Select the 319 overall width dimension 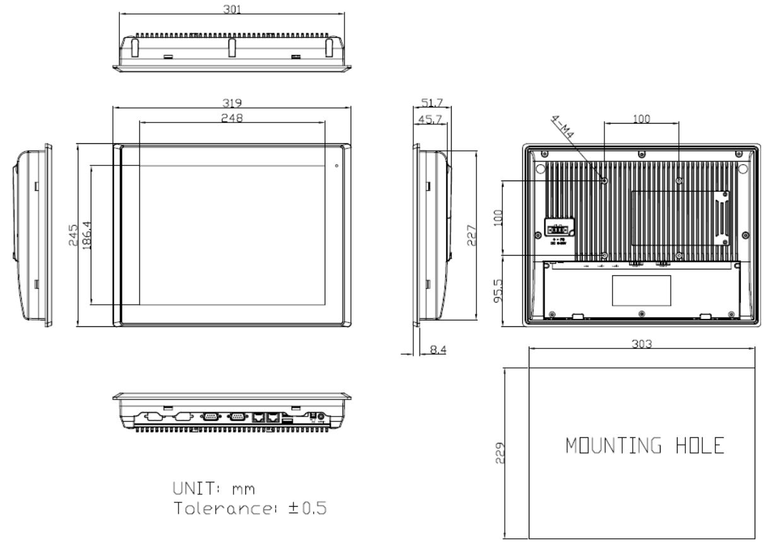(x=232, y=103)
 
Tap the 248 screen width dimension (x=232, y=117)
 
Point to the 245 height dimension (x=73, y=235)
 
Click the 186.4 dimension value (x=86, y=235)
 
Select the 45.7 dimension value (x=428, y=118)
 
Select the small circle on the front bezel (x=336, y=166)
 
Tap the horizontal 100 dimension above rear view (x=642, y=119)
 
